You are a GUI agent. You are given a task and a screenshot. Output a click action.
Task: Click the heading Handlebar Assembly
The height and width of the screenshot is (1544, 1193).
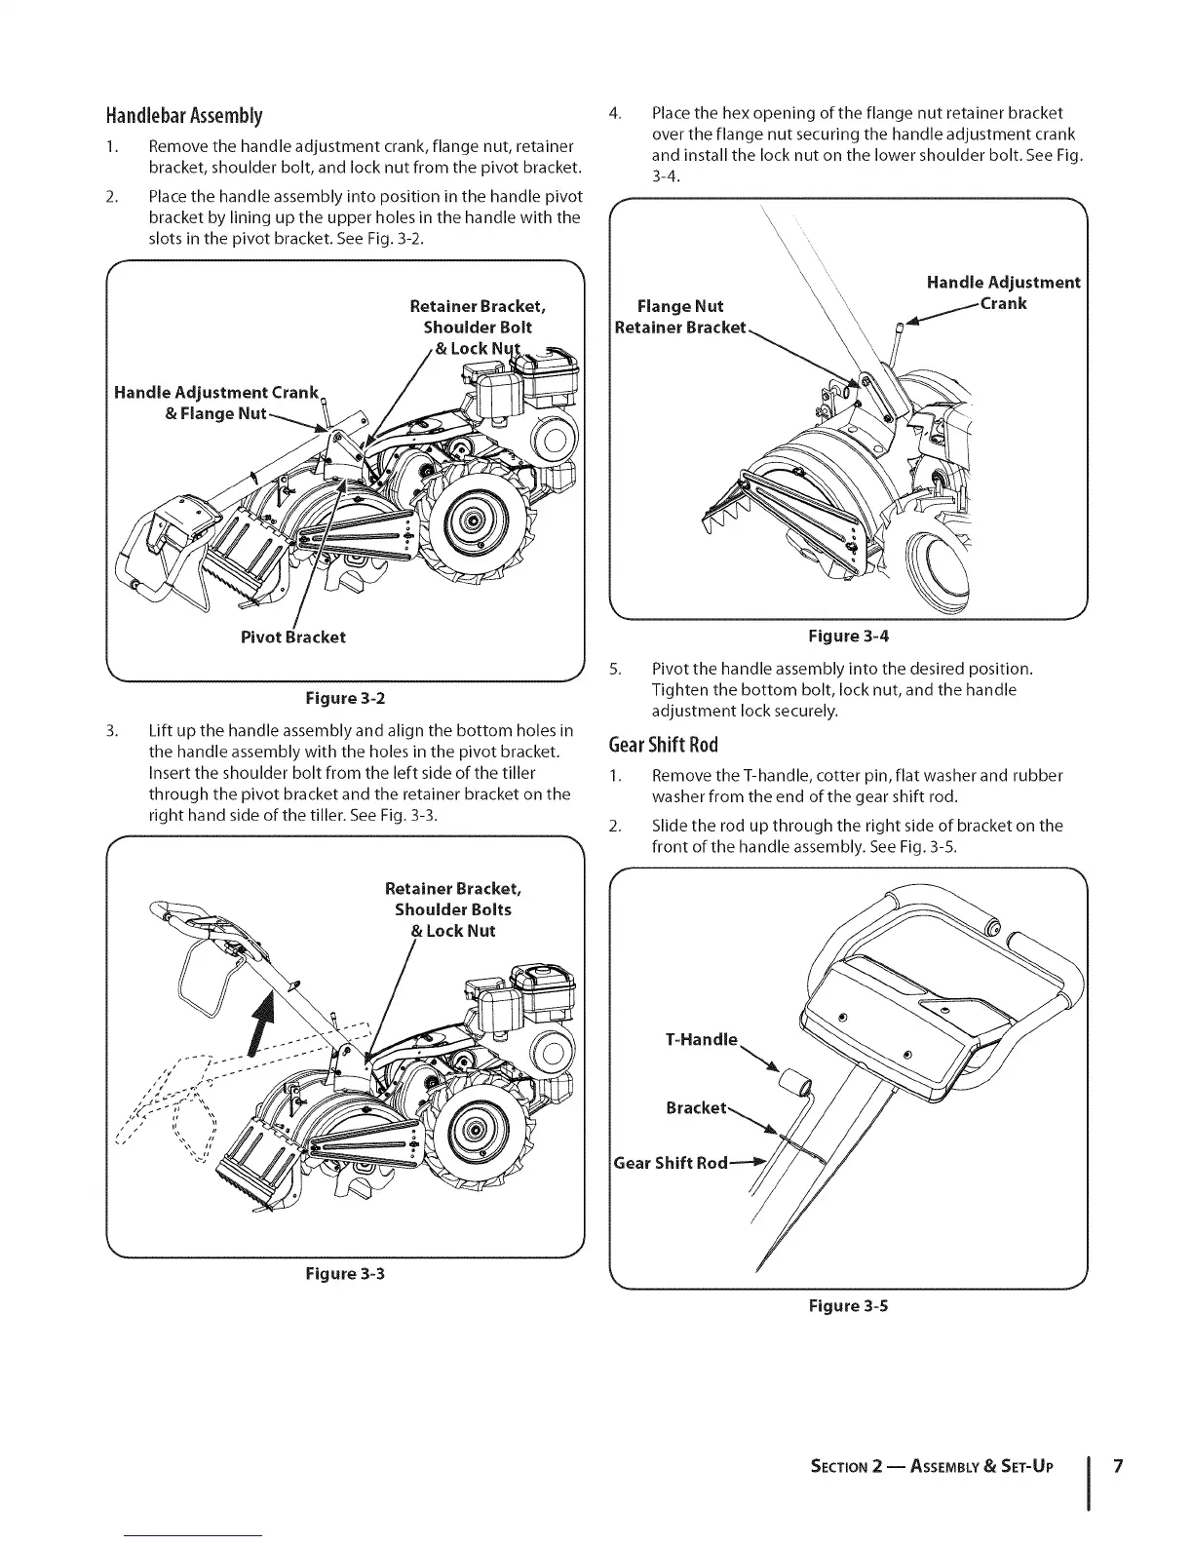pos(184,117)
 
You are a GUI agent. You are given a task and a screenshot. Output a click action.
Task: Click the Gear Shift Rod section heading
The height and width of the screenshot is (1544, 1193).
pos(663,746)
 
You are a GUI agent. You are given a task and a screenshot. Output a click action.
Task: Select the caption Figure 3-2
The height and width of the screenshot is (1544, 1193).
pos(346,698)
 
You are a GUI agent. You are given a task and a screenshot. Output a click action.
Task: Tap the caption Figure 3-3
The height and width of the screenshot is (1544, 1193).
pos(346,1273)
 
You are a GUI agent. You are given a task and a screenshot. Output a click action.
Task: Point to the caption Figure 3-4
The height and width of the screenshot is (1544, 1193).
pos(849,637)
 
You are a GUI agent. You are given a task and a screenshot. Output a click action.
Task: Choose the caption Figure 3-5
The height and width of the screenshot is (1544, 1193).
pos(849,1305)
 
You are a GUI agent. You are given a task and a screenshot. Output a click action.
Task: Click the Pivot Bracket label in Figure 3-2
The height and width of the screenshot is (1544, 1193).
pos(292,637)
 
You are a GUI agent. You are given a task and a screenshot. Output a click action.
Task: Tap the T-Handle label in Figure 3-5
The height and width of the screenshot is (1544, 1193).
pos(701,1039)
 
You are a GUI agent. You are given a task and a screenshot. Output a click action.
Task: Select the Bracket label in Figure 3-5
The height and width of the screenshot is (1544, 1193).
pos(696,1108)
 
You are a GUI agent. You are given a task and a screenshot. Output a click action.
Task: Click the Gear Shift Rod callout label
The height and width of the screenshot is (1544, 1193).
pos(671,1163)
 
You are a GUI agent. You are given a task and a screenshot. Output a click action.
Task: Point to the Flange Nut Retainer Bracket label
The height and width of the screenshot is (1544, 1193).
pos(680,317)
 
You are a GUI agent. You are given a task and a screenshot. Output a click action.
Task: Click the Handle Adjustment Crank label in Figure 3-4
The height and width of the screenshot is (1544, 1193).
pos(1003,292)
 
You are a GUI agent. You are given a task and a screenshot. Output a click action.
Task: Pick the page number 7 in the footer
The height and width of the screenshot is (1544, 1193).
pos(1119,1467)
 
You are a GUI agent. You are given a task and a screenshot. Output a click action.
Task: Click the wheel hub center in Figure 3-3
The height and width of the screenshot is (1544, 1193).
pos(475,1132)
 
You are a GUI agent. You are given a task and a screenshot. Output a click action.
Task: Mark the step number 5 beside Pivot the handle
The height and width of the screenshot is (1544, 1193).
pos(614,670)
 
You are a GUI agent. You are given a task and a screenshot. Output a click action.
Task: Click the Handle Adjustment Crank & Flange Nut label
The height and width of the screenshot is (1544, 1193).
pos(215,403)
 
